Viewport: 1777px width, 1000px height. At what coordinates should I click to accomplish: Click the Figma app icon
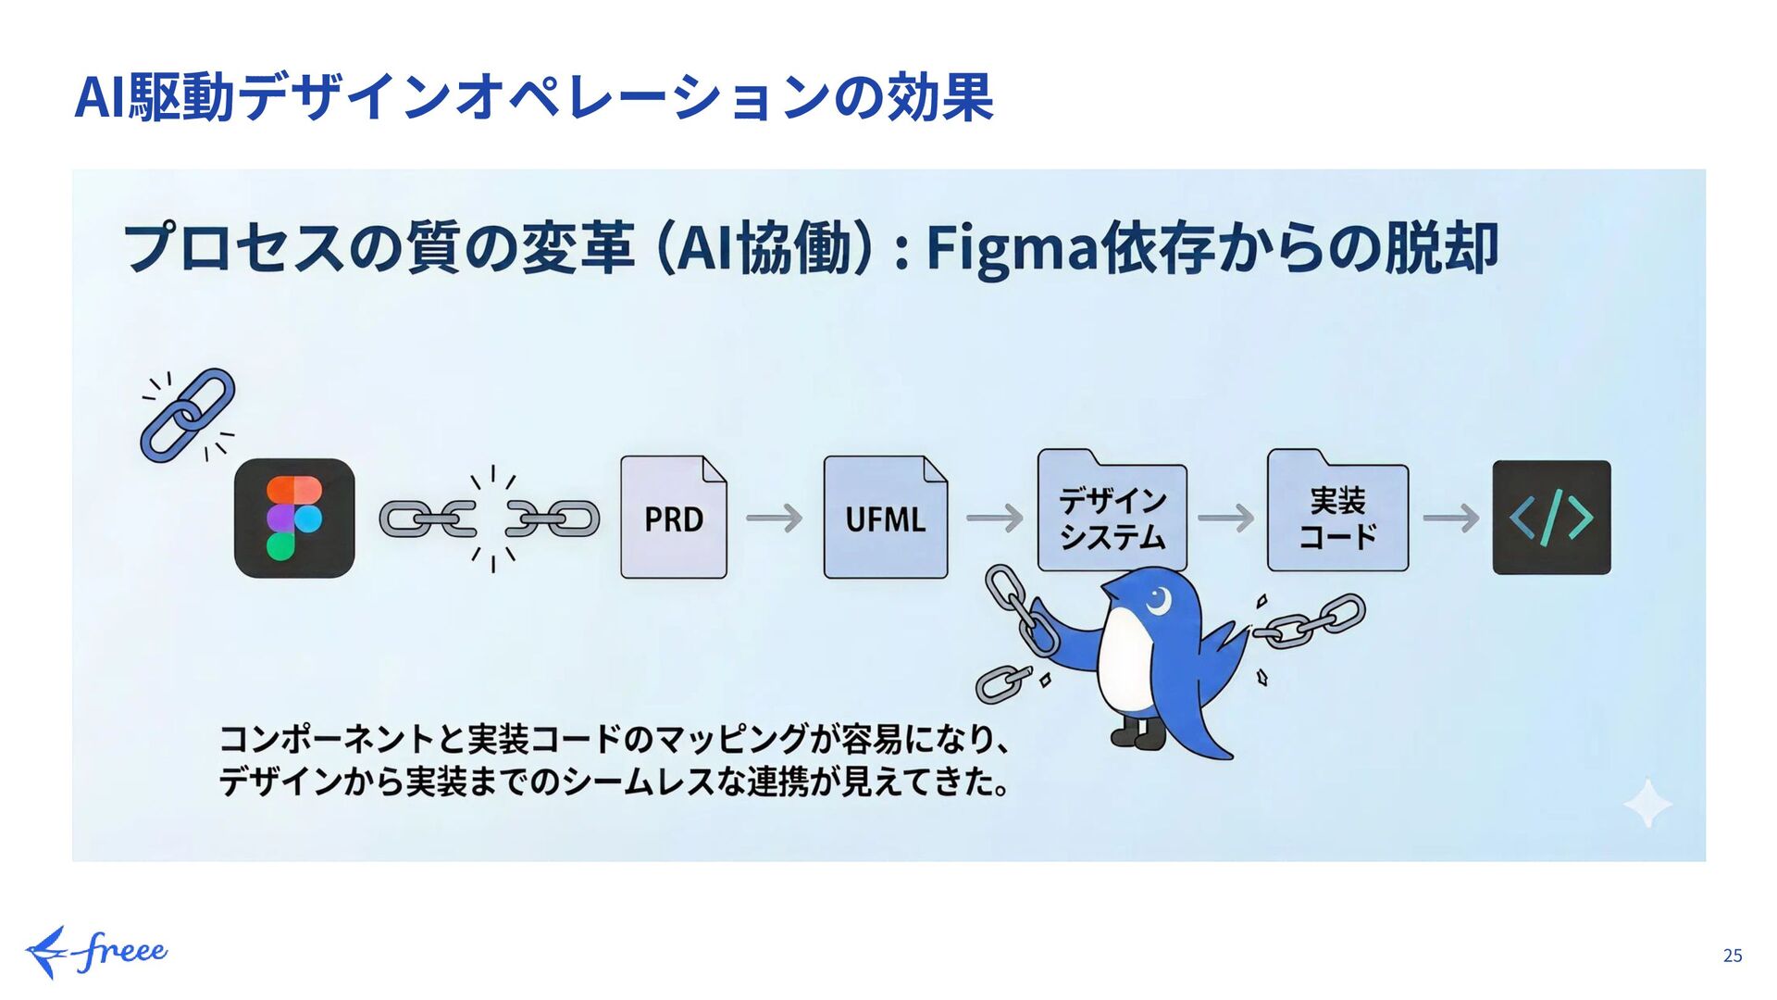point(294,518)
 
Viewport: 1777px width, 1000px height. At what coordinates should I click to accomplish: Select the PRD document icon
point(673,518)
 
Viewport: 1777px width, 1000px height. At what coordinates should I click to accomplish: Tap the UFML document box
point(885,518)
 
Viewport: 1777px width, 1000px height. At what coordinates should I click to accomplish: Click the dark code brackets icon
point(1551,518)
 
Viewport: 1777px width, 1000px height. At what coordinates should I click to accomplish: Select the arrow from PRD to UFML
point(775,518)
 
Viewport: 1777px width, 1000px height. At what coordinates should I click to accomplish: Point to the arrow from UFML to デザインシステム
point(995,518)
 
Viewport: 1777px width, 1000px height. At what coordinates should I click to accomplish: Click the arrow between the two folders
point(1226,518)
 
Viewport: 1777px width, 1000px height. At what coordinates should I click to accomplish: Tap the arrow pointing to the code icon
point(1451,518)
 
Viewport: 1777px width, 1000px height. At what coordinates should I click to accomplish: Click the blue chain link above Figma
point(188,415)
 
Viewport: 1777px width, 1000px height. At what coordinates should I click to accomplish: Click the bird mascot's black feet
point(1138,735)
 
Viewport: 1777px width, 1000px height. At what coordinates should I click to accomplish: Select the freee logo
point(96,952)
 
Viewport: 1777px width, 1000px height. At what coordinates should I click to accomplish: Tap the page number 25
point(1733,956)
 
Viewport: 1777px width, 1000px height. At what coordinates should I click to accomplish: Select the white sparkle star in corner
point(1647,803)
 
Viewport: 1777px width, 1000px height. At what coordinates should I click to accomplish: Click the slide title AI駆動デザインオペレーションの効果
point(534,97)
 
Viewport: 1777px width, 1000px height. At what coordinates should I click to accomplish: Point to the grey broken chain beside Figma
point(490,519)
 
